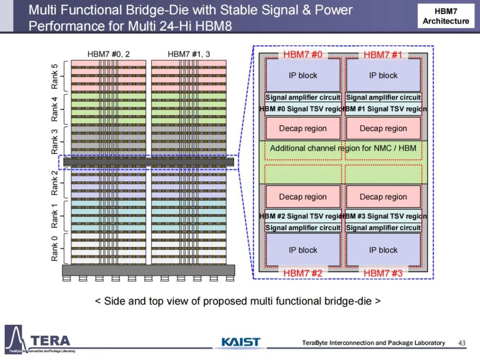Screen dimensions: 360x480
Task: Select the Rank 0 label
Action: [x=54, y=248]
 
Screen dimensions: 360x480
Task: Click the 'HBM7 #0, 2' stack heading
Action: [x=108, y=54]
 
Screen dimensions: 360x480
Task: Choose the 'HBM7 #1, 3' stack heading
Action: [x=189, y=54]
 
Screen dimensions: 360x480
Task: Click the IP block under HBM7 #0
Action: [x=303, y=76]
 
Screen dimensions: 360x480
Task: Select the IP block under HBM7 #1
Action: [x=383, y=76]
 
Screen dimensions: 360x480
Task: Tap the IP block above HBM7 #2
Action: [x=303, y=250]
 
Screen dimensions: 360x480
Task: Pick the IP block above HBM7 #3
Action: [x=383, y=250]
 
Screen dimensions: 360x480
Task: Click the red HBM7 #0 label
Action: [x=303, y=55]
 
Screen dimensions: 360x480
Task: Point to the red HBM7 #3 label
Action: [x=383, y=273]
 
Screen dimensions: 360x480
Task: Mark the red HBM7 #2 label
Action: [x=303, y=273]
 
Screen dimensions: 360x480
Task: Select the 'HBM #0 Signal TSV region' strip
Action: [x=303, y=109]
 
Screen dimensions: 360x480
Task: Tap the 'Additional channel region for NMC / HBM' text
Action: [x=343, y=148]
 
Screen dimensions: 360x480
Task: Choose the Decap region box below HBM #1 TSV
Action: [x=383, y=128]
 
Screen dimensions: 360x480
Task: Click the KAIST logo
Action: [x=241, y=342]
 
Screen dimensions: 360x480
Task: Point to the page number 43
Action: [x=462, y=343]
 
